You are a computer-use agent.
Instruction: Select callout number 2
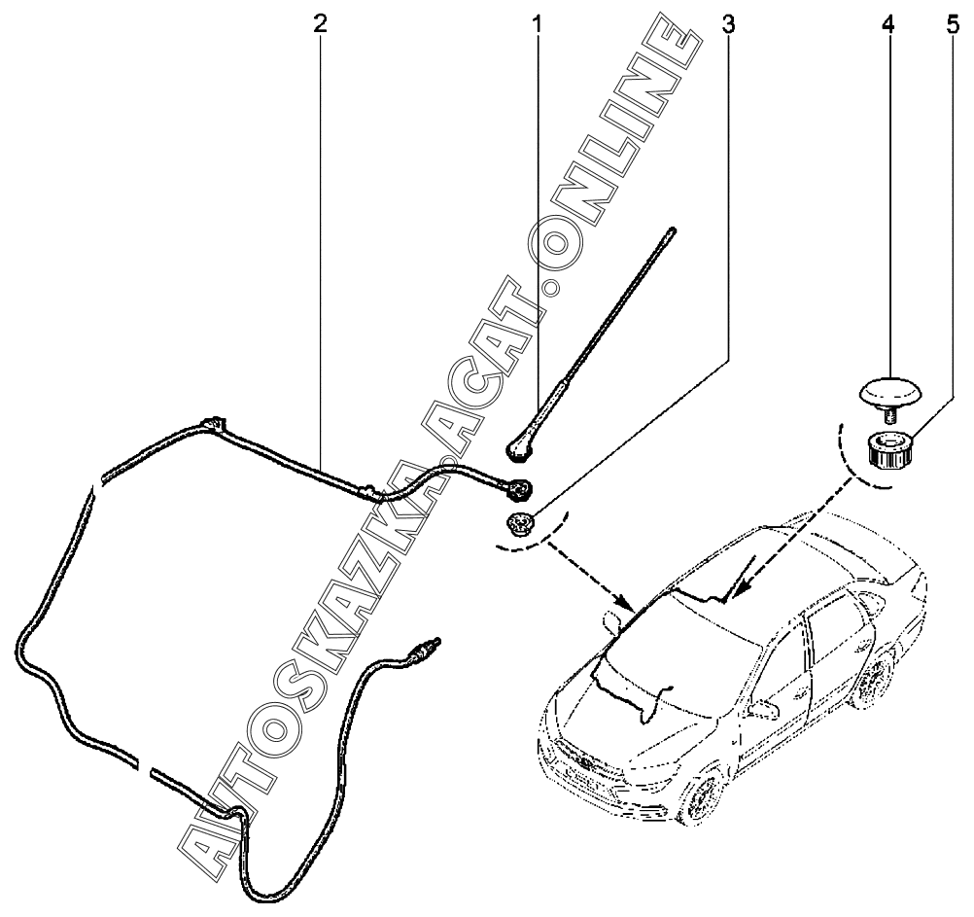321,23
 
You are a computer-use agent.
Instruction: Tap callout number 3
727,23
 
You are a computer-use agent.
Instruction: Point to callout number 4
887,23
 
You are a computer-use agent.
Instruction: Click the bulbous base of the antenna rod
521,446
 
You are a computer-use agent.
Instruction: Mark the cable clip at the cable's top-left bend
214,425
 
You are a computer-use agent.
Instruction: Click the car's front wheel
701,800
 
